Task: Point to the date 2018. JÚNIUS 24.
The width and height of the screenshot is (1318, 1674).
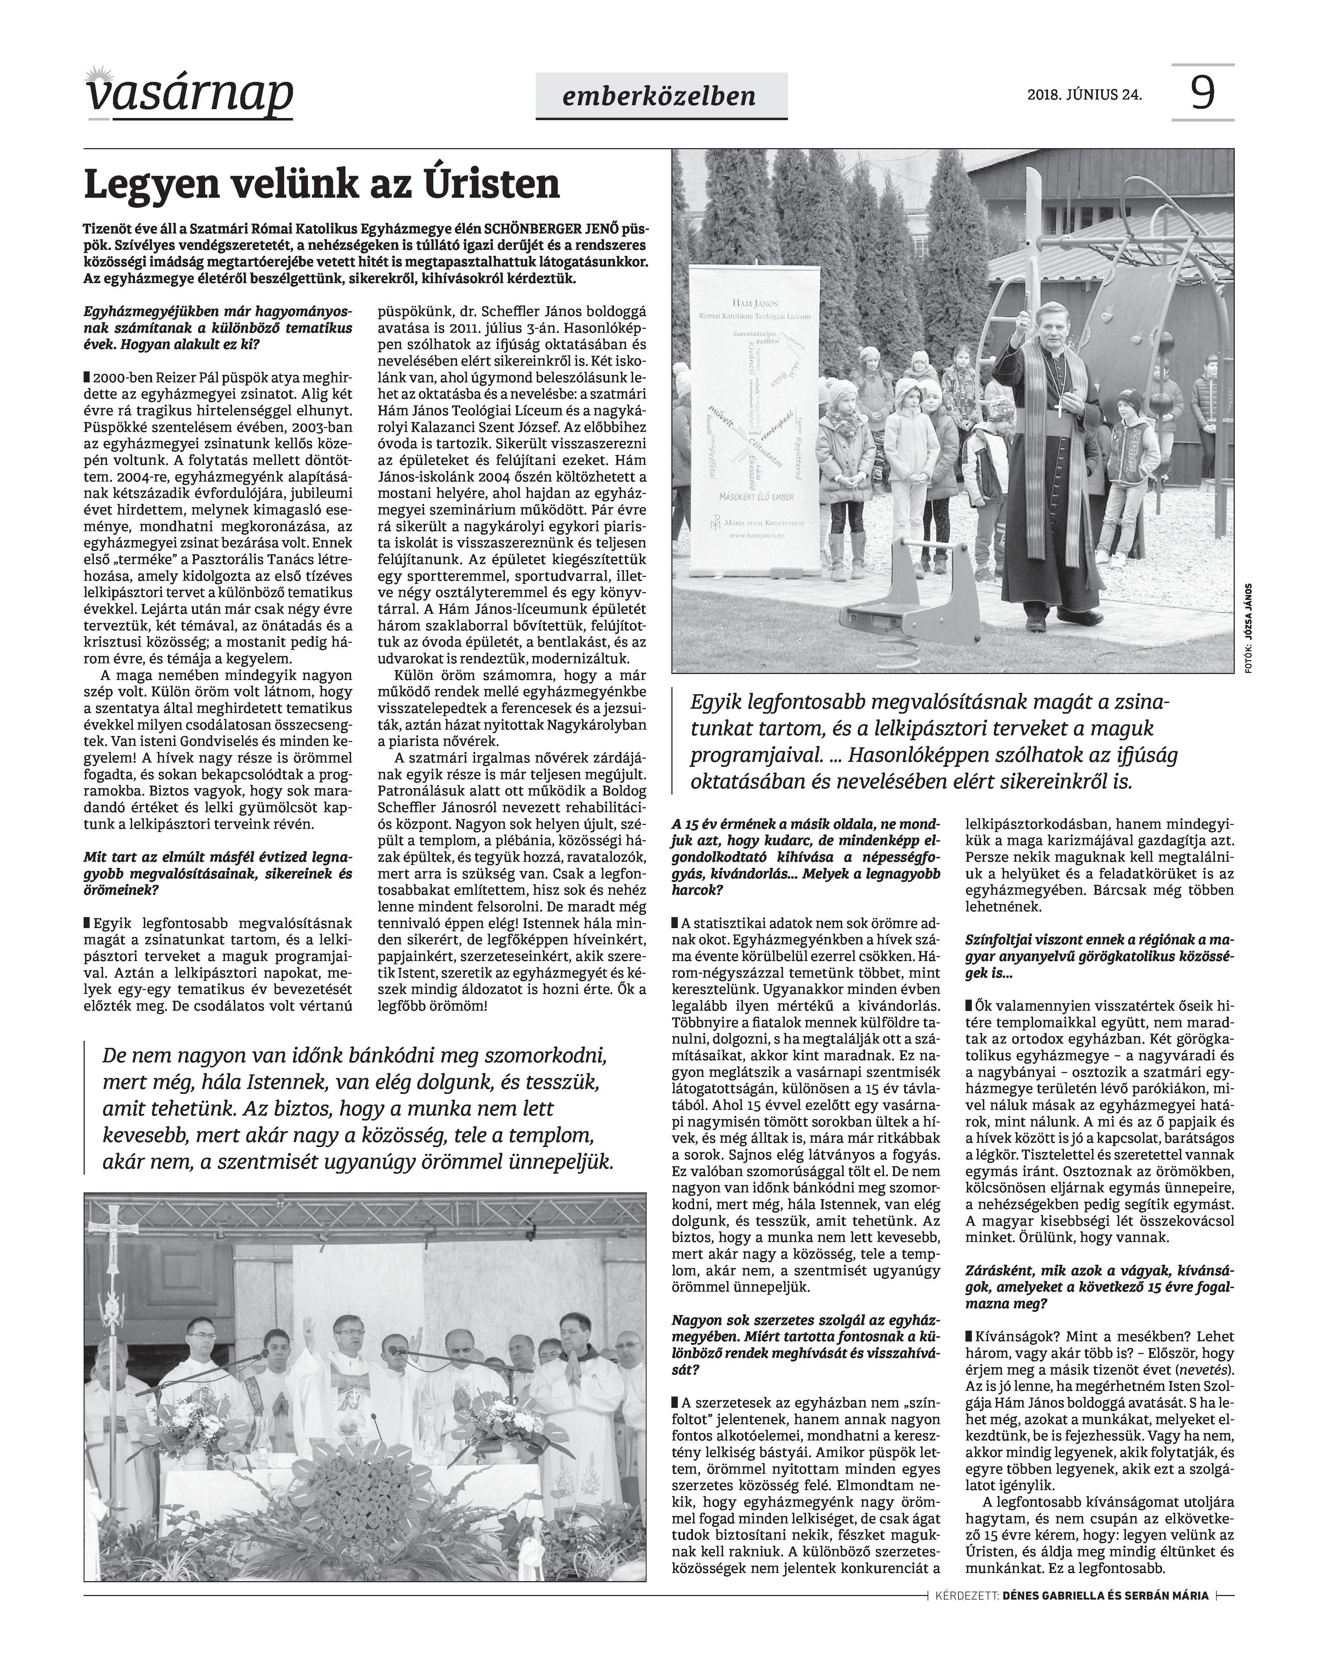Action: click(x=1084, y=96)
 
